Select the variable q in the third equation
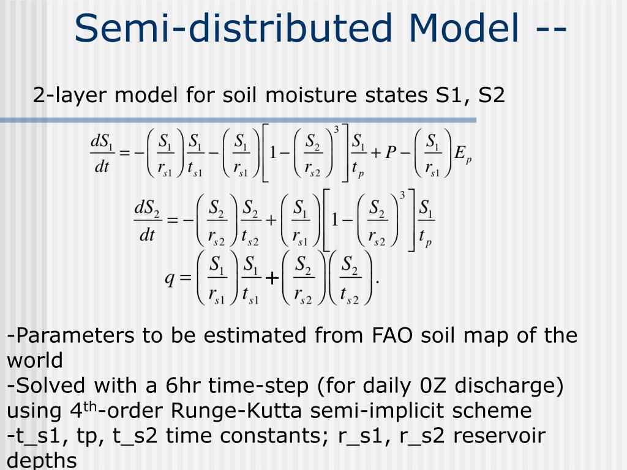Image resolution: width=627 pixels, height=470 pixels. tap(170, 278)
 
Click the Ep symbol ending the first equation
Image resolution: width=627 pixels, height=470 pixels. tap(462, 154)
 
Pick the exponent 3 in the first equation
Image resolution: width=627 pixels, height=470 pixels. tap(336, 129)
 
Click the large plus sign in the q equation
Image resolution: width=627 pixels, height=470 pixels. tap(271, 278)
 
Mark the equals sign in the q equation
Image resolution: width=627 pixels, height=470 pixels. tap(186, 278)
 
